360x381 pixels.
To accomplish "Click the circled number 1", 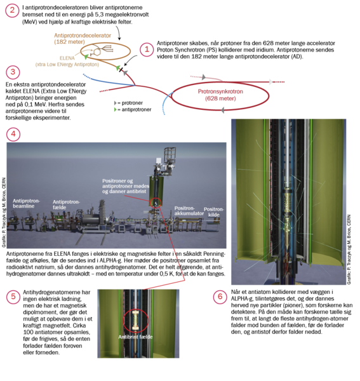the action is click(147, 50).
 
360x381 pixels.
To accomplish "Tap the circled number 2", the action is click(12, 10).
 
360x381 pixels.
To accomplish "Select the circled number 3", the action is click(13, 72).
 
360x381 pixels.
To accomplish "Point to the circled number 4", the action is click(13, 134).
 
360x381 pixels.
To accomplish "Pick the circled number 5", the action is click(13, 297).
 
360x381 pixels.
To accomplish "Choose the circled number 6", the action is click(220, 297).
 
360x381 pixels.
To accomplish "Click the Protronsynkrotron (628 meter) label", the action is click(220, 95).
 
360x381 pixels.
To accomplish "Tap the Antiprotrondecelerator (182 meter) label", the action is click(83, 39).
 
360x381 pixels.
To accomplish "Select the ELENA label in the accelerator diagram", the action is click(67, 58).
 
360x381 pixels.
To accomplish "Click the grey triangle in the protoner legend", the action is click(115, 103).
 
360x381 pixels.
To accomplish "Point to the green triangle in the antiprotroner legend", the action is click(115, 110).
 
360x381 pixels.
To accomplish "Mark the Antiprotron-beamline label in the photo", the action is click(26, 204).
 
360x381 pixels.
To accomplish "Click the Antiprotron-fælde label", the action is click(66, 204).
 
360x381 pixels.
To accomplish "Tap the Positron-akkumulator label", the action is click(189, 211).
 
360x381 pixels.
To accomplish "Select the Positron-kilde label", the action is click(214, 212).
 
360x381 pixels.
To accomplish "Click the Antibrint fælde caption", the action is click(135, 337).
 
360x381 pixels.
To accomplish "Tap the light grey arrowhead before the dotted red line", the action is click(270, 82).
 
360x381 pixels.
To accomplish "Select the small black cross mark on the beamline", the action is click(121, 70).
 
